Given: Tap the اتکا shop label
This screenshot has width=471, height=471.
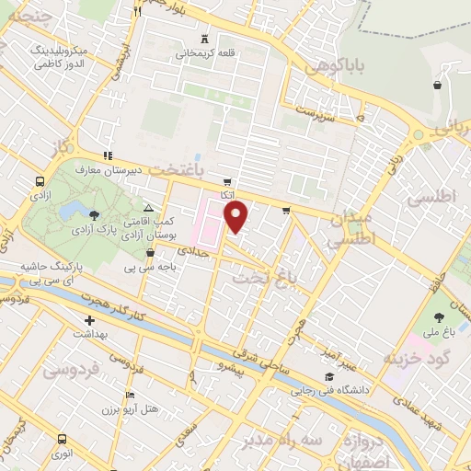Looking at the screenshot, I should (227, 195).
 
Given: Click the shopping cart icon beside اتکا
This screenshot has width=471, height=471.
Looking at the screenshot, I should (227, 181).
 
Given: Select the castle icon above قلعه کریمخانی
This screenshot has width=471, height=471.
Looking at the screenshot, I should (204, 39).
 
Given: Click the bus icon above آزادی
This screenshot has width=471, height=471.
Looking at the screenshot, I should (40, 182).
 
